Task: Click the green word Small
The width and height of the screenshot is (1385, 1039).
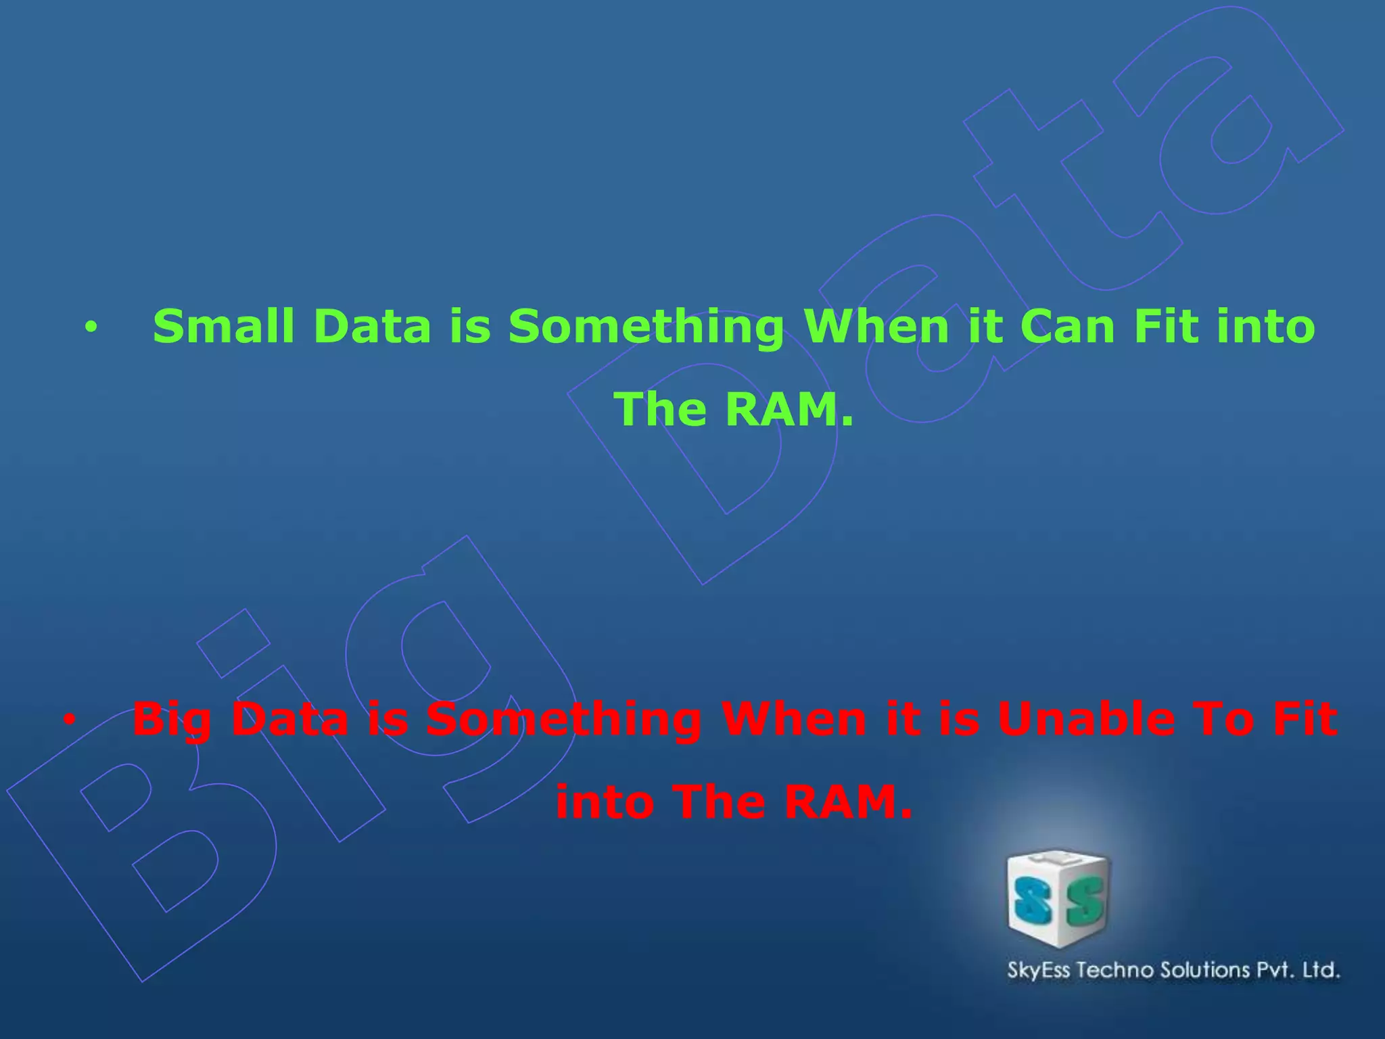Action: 223,327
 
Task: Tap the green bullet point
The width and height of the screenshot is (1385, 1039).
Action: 91,328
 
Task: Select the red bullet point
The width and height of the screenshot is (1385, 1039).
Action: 69,720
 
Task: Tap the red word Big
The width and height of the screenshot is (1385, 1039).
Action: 172,720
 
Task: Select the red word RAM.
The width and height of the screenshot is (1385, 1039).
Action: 849,802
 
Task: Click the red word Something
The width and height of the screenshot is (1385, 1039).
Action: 563,720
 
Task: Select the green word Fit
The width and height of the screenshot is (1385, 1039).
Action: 1167,327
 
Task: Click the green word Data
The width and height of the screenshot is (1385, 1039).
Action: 373,327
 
